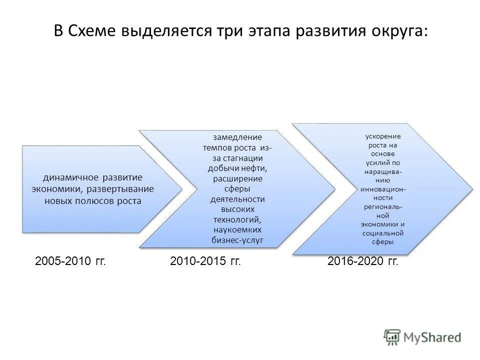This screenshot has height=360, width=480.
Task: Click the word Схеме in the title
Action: [92, 31]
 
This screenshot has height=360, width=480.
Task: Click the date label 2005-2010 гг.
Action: [71, 261]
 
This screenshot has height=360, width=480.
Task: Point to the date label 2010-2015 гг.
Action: [205, 261]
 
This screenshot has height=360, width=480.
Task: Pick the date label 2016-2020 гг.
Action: [363, 261]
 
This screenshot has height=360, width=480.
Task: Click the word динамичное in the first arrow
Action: [71, 178]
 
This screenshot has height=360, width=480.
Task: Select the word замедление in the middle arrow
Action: [237, 137]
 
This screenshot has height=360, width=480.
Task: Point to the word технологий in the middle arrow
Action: [237, 220]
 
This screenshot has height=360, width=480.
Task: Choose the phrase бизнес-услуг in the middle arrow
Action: [237, 241]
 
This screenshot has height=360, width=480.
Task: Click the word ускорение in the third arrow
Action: [382, 136]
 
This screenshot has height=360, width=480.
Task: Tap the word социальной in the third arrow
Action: [382, 233]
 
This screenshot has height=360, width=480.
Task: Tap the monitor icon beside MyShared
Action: [392, 337]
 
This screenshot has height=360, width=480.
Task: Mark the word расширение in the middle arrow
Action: [237, 178]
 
